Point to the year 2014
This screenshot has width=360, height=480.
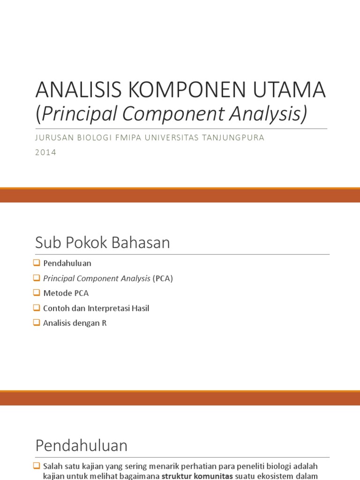pos(46,152)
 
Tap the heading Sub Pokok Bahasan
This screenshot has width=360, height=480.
pos(102,243)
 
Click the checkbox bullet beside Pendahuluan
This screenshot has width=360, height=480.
pos(37,263)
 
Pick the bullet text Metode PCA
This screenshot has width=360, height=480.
pos(66,293)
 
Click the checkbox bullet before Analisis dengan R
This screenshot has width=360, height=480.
pos(37,323)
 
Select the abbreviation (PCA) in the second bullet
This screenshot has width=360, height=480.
pos(163,278)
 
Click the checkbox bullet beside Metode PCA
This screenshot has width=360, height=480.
pos(37,293)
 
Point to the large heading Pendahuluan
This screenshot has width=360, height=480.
pos(81,445)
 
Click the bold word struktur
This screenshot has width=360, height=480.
pos(177,476)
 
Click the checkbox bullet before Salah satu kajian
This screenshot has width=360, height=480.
pos(37,466)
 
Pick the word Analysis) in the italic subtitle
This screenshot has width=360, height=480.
pos(272,114)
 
